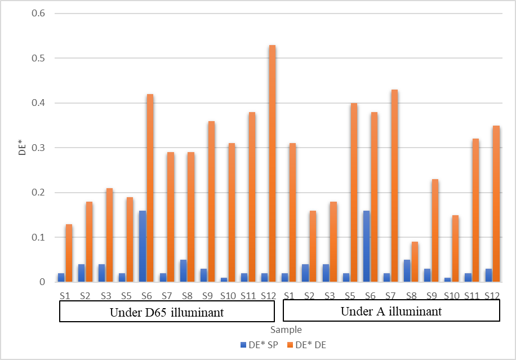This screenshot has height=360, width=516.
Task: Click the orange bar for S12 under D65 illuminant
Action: (272, 163)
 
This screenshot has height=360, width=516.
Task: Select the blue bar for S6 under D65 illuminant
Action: (143, 246)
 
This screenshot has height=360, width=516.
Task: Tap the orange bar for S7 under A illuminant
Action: (394, 186)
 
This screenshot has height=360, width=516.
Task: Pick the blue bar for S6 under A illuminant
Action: (367, 246)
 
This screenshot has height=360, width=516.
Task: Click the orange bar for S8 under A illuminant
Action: (415, 262)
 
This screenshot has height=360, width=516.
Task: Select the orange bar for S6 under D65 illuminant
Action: (150, 188)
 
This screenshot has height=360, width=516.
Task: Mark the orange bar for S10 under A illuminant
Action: (455, 248)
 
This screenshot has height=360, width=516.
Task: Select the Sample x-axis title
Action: (285, 330)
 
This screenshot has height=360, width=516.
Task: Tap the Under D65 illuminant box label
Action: (167, 312)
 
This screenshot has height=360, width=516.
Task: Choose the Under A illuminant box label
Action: (391, 311)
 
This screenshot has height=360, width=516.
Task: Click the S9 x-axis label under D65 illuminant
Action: (207, 295)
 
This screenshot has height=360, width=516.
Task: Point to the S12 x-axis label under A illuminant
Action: (492, 295)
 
